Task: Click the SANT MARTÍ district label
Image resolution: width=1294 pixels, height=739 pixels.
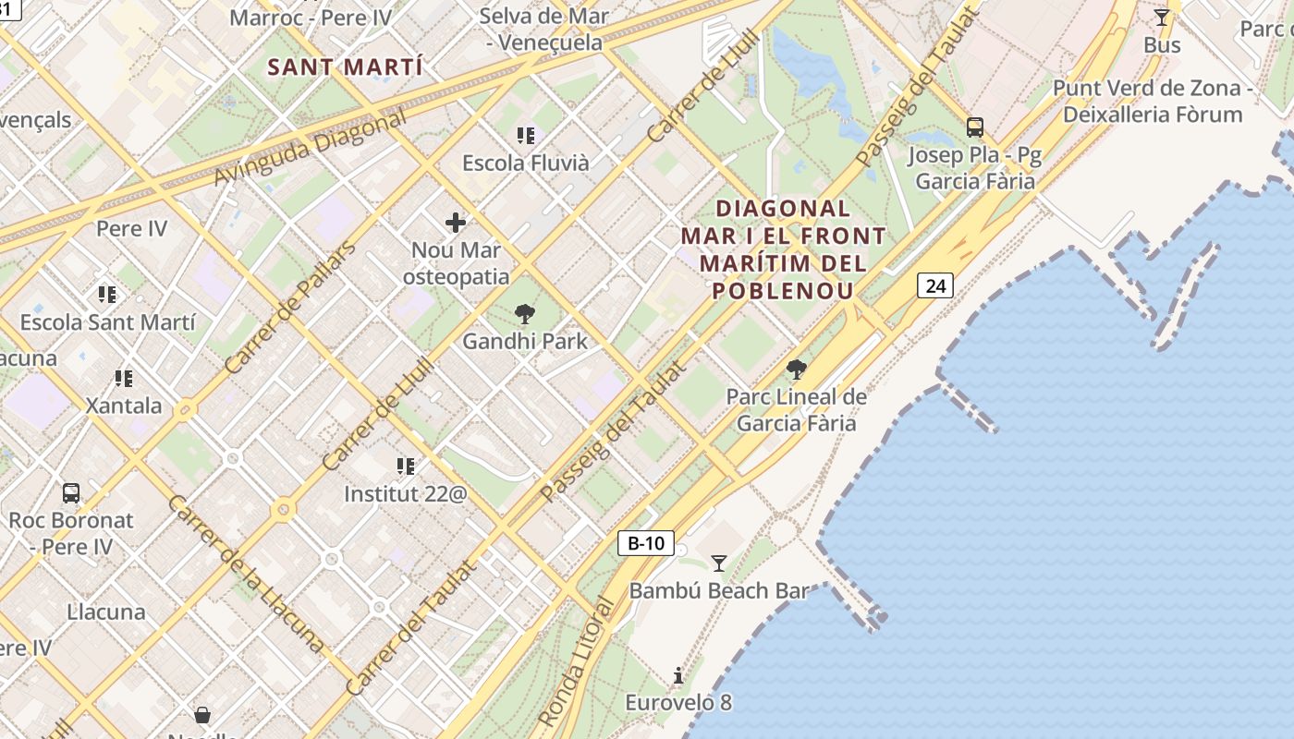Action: tap(346, 67)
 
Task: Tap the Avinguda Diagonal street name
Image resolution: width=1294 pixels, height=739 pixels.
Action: tap(310, 148)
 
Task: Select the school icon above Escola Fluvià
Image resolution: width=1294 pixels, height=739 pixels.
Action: tap(526, 137)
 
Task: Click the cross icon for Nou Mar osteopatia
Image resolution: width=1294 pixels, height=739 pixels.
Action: tap(456, 223)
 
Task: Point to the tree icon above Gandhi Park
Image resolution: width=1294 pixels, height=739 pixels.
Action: tap(525, 314)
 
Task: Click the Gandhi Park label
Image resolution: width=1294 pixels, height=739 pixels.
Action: tap(525, 342)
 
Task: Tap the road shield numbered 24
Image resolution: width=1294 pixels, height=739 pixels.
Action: tap(935, 286)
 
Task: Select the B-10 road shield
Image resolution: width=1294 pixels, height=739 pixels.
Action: tap(645, 543)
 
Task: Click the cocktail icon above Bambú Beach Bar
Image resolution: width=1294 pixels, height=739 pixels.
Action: tap(718, 563)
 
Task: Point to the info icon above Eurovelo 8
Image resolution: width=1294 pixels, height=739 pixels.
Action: tap(678, 676)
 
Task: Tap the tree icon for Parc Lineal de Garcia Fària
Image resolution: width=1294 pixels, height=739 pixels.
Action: tap(796, 370)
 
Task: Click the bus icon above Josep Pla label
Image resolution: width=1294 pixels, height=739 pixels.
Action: tap(975, 127)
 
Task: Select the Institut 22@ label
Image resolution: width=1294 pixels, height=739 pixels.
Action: tap(406, 494)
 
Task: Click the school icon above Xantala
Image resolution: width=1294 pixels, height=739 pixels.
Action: tap(124, 379)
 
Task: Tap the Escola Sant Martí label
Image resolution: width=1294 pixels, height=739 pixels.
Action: tap(108, 322)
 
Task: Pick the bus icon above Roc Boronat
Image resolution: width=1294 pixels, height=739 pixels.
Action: tap(71, 493)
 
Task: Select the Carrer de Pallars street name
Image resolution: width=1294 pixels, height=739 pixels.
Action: tap(289, 308)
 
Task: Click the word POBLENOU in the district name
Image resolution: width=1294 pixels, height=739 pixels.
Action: tap(783, 290)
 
